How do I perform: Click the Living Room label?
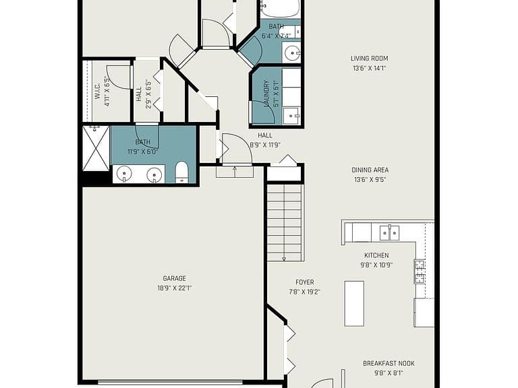[369, 59]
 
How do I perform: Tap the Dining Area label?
[370, 170]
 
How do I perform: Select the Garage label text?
[175, 278]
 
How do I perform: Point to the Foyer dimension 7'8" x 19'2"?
[305, 292]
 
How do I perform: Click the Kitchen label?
[376, 255]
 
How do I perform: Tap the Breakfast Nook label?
[388, 363]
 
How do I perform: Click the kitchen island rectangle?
[354, 304]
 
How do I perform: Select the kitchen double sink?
[389, 232]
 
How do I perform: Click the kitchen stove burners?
[420, 271]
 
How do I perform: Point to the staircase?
[285, 223]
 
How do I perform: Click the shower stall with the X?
[96, 148]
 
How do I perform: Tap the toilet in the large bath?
[181, 172]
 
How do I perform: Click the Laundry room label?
[266, 94]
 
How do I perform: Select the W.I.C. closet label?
[97, 91]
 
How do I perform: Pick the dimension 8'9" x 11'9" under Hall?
[265, 145]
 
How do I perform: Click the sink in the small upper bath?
[291, 52]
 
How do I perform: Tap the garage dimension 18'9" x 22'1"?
[175, 288]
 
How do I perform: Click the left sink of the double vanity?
[125, 173]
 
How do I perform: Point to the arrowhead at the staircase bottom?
[284, 259]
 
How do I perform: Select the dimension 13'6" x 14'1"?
[369, 68]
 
